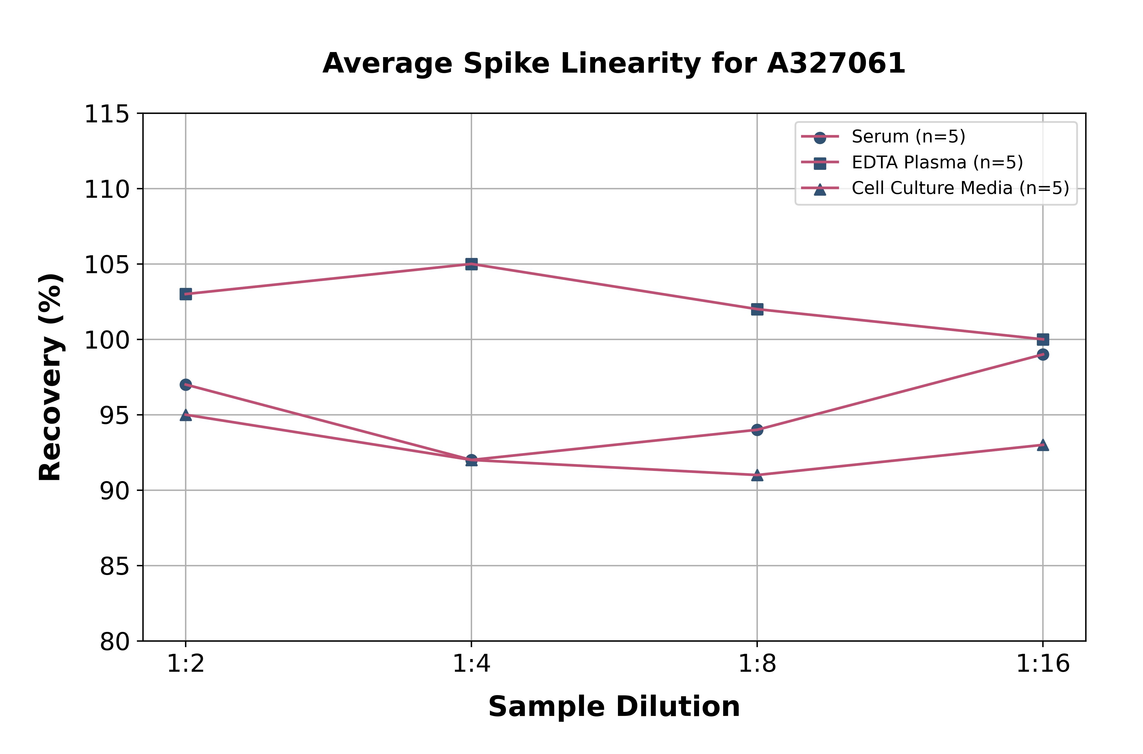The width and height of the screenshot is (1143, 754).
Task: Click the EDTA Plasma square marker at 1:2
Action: coord(186,294)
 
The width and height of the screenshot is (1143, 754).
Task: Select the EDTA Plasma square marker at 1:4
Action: coord(471,264)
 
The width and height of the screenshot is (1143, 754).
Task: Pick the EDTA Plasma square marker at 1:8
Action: coord(757,309)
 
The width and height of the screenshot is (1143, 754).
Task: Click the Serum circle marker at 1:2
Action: coord(186,385)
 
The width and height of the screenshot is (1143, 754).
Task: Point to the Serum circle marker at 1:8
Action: coord(757,429)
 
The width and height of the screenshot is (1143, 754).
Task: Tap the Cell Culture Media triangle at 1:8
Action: coord(757,475)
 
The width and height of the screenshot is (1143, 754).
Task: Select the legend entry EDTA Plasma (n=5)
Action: coord(937,162)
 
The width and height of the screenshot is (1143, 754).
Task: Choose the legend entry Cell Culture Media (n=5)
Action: coord(960,188)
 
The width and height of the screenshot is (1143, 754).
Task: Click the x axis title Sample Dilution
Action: coord(614,706)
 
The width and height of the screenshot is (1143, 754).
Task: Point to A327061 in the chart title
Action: coord(836,63)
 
